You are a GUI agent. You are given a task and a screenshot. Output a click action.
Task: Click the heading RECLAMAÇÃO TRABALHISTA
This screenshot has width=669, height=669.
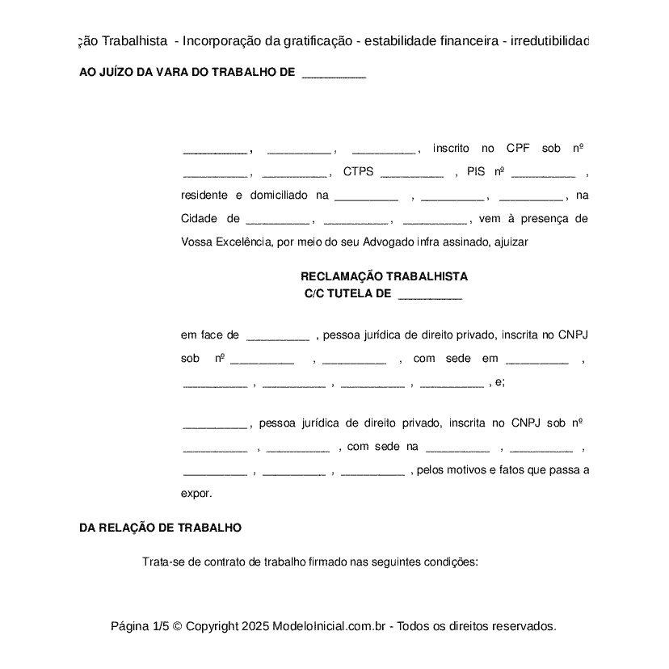[384, 276]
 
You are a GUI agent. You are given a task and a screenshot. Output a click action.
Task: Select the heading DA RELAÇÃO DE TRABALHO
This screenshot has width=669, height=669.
[160, 528]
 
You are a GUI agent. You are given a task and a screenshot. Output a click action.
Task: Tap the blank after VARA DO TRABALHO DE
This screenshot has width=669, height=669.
[334, 73]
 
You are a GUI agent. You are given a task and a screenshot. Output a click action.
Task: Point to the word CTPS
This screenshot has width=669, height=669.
[358, 172]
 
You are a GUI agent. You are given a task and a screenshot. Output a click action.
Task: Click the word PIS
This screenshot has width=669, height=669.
[476, 172]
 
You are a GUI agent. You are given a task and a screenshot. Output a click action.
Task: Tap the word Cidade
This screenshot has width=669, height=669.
[199, 219]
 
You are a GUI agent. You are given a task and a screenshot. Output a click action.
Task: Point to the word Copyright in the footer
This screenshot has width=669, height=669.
[212, 626]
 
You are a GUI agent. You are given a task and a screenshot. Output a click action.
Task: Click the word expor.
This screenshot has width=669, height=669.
[196, 493]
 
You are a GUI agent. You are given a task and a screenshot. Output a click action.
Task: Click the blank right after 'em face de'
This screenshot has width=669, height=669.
[277, 335]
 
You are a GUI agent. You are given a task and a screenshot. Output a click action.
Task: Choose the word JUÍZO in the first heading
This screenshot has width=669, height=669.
[116, 72]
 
